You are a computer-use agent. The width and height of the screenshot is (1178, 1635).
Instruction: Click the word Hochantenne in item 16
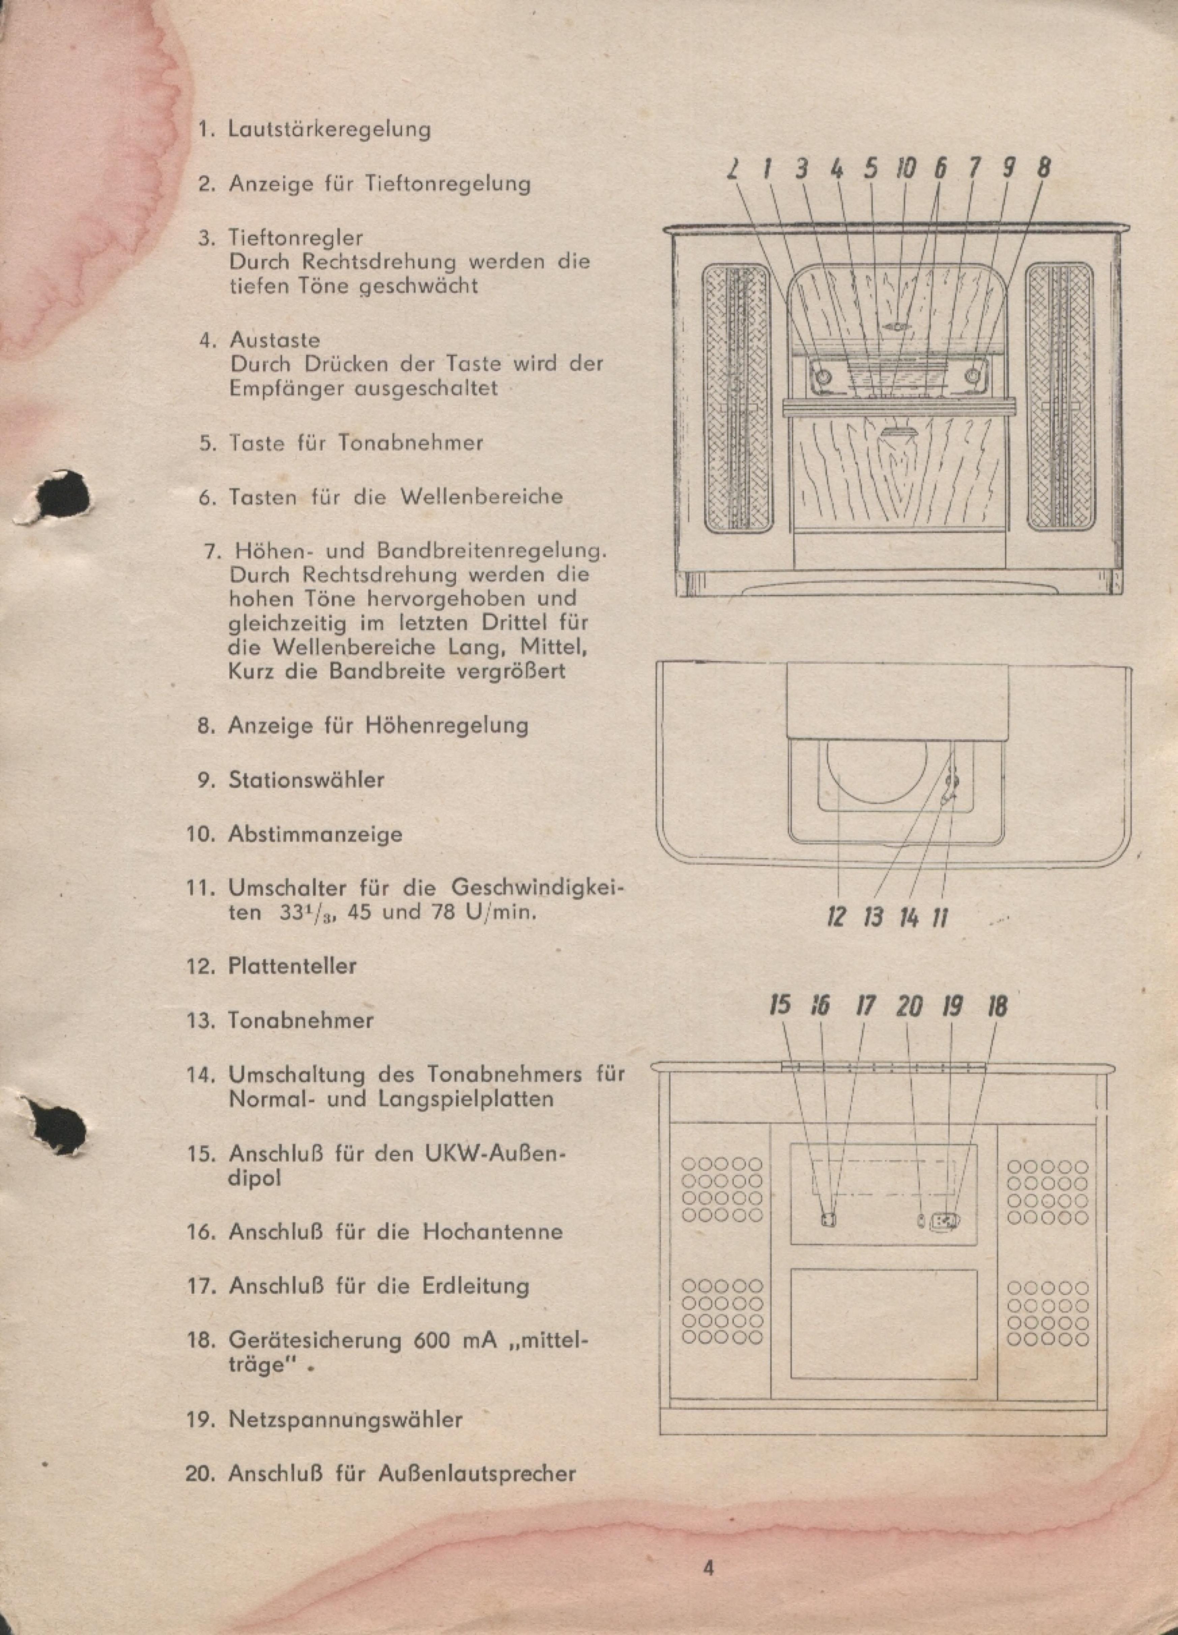coord(493,1231)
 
